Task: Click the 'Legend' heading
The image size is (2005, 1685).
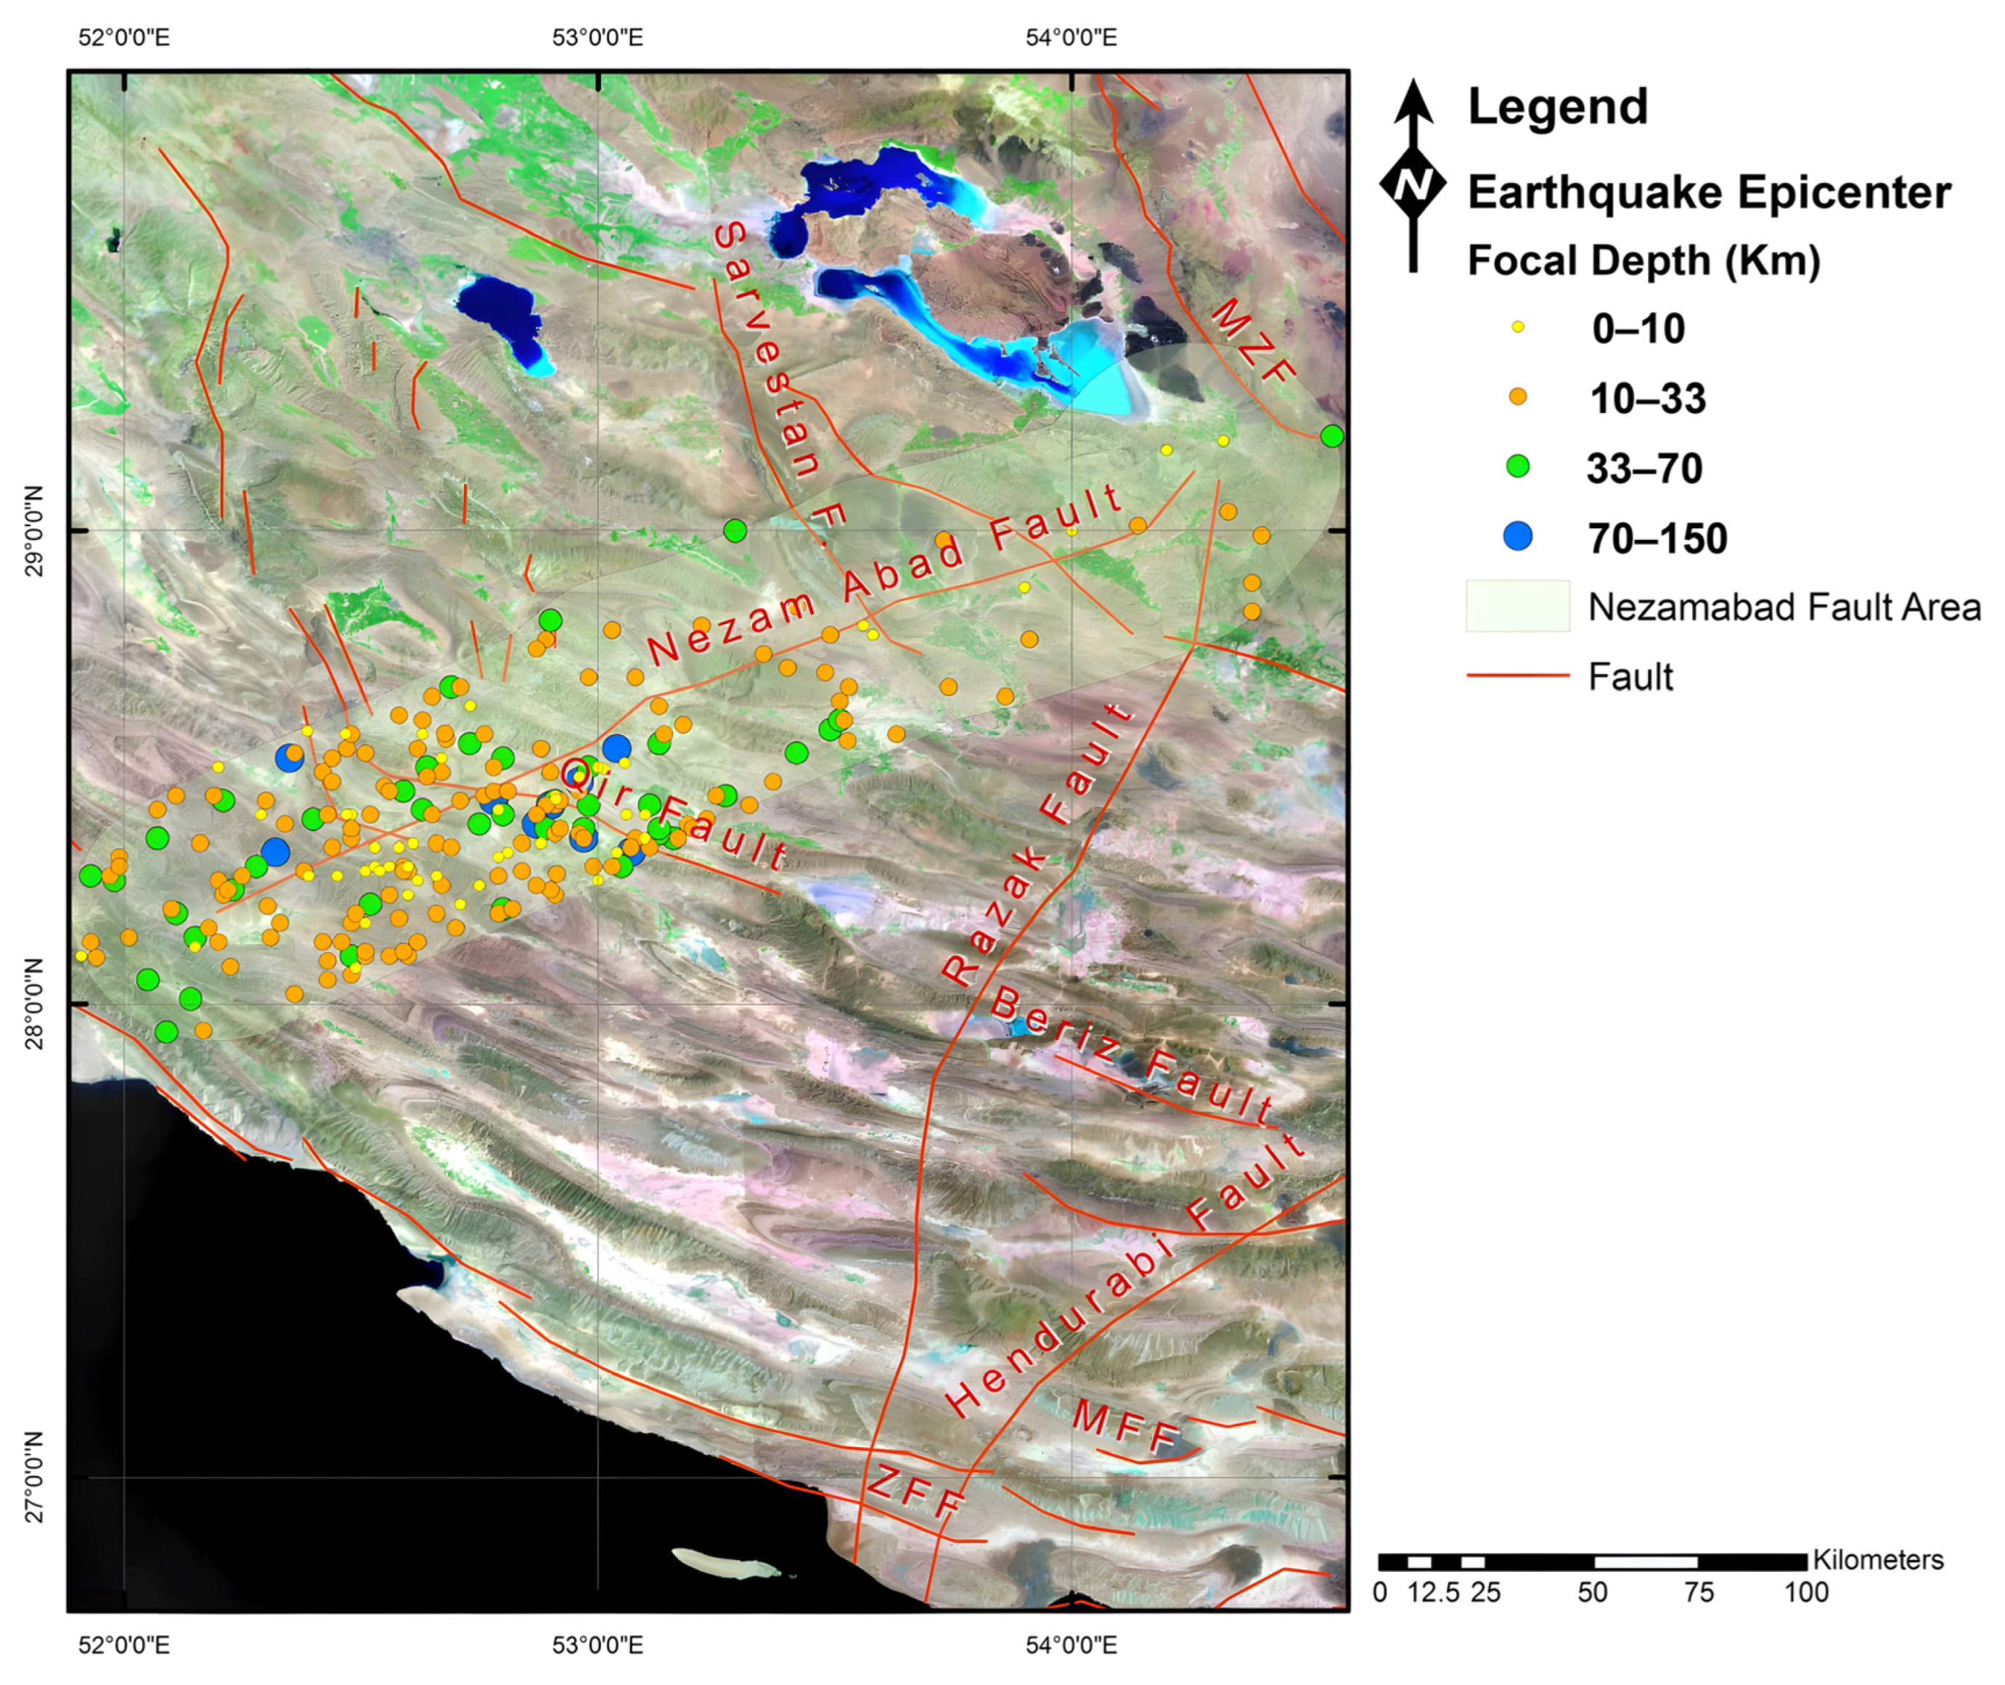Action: (1557, 106)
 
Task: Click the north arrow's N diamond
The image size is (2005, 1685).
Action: (1413, 184)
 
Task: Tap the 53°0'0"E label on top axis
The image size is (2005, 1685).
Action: (597, 38)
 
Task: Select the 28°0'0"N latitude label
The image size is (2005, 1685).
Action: (34, 1003)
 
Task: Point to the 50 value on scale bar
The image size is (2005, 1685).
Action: (1591, 1592)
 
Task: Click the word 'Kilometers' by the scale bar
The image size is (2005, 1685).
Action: (1877, 1560)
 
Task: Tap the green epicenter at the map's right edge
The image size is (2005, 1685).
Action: (1331, 435)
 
